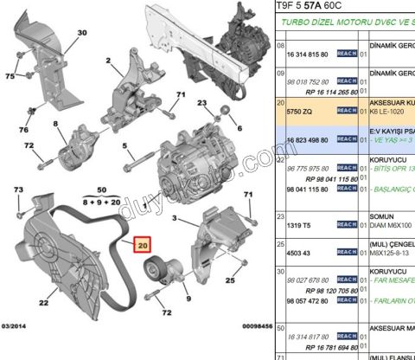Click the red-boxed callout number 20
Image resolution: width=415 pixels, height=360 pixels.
point(142,246)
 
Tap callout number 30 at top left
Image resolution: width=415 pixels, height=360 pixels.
point(82,33)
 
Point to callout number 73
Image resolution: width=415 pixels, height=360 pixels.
point(18,190)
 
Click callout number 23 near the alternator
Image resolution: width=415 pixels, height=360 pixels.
point(202,102)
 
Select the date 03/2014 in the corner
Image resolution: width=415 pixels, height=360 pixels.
point(17,350)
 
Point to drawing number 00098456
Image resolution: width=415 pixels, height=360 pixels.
point(246,350)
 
